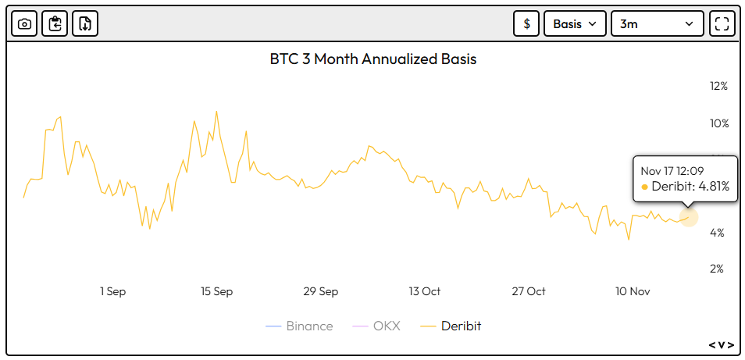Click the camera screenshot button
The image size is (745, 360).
point(24,23)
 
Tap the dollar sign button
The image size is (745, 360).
point(526,23)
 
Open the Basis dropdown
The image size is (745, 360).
point(575,23)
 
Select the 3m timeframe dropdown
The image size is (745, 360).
point(657,23)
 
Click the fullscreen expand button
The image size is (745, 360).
point(722,23)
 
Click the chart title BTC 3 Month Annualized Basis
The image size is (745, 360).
point(372,59)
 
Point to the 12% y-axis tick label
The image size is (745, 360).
point(718,87)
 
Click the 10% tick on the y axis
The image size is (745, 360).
point(718,123)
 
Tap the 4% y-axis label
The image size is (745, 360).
point(718,233)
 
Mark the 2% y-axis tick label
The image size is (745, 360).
point(718,269)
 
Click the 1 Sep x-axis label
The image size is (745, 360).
point(112,291)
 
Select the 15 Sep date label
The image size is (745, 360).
point(216,291)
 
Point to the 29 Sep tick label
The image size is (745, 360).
point(321,291)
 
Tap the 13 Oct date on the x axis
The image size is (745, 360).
point(425,291)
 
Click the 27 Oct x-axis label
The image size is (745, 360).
point(529,291)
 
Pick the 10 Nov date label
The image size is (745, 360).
point(633,291)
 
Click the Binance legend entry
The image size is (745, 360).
point(299,326)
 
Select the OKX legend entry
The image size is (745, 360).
point(376,326)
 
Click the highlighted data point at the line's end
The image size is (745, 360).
point(689,218)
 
